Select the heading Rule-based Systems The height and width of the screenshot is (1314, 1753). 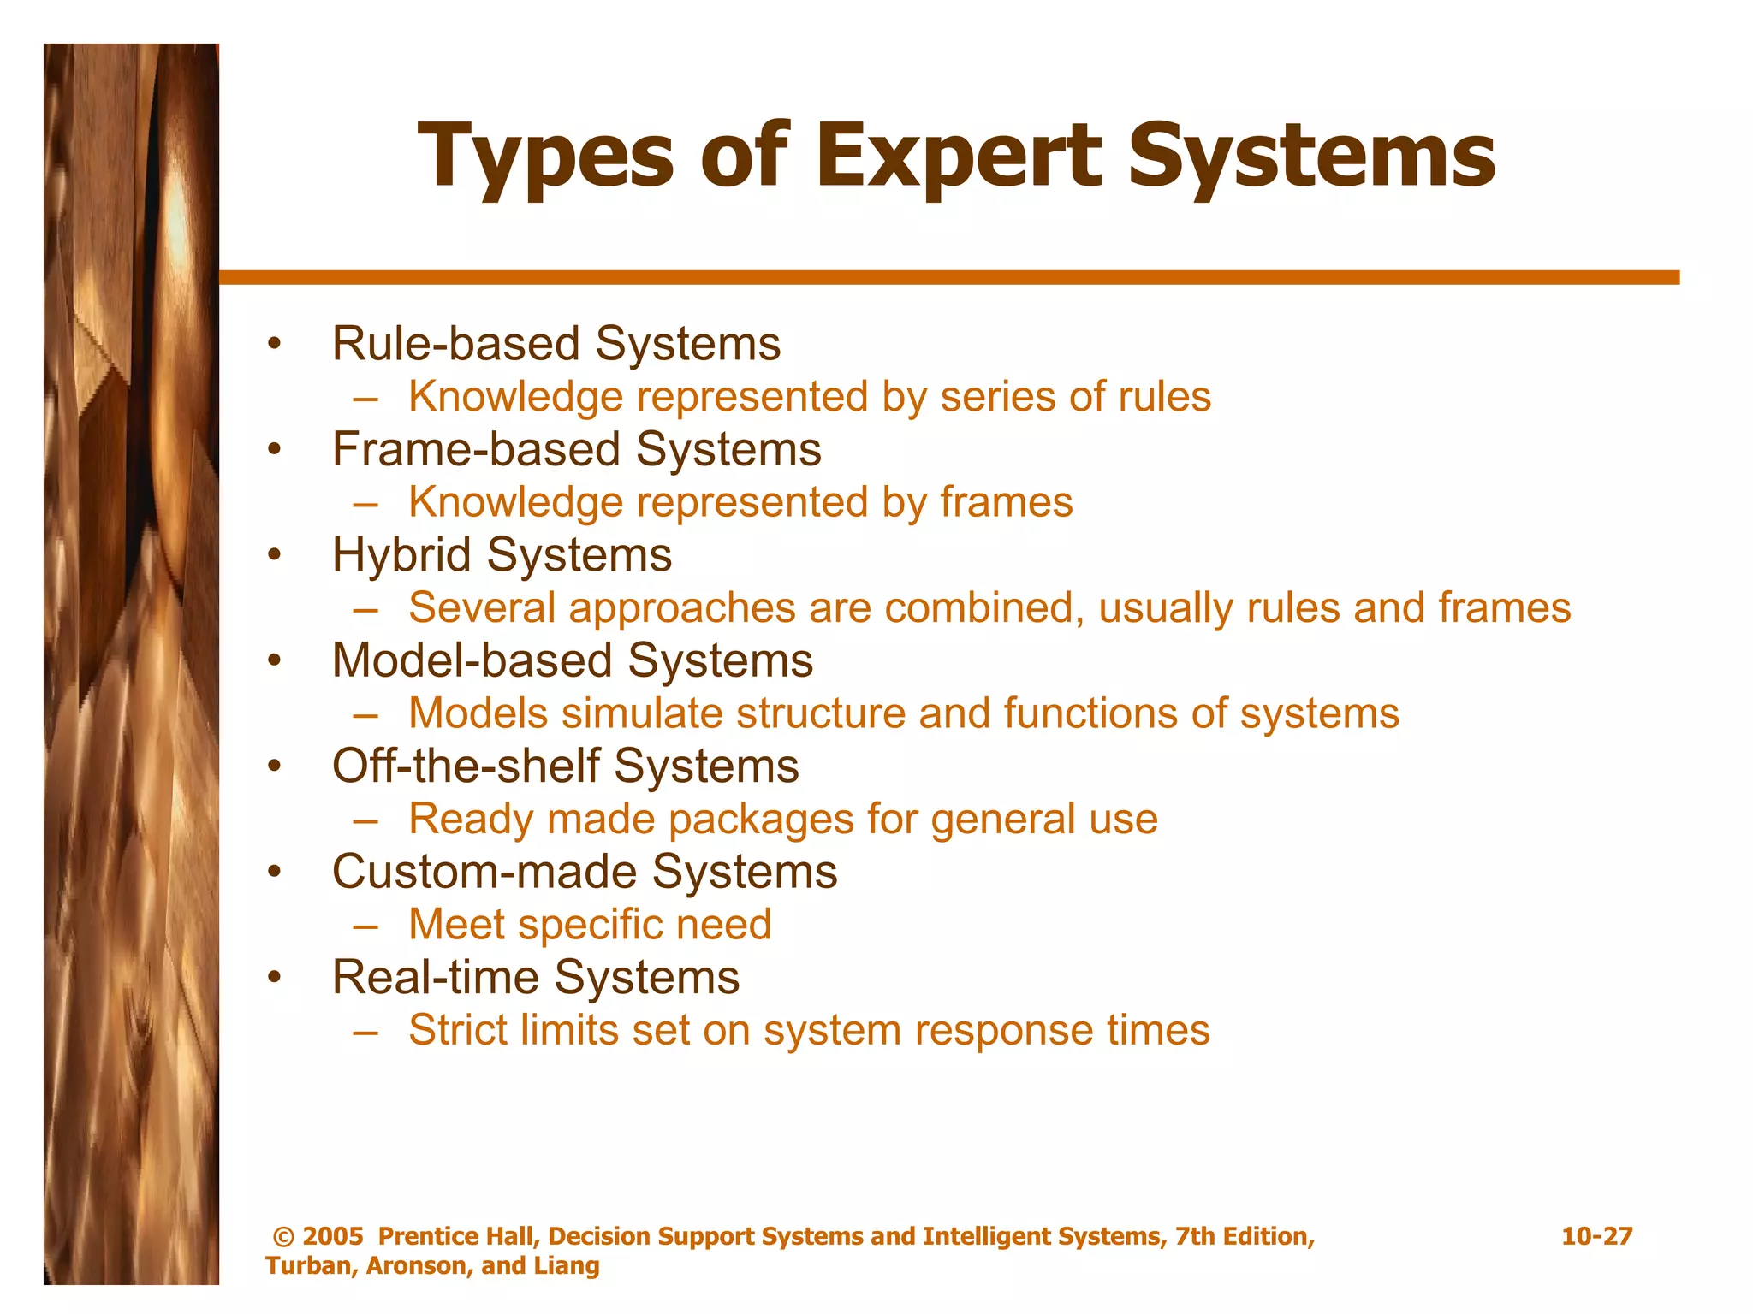pos(556,344)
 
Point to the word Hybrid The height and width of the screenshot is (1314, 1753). pos(401,555)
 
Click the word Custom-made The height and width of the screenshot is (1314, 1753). pos(484,872)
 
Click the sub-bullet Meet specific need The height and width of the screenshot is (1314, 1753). pos(590,925)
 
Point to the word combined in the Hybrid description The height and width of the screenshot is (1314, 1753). pos(984,608)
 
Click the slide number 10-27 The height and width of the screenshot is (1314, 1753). pos(1596,1236)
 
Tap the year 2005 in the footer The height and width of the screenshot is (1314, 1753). pos(333,1236)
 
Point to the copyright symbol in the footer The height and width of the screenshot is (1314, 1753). pos(282,1237)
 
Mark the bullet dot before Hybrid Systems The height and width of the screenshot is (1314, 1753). pos(274,555)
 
